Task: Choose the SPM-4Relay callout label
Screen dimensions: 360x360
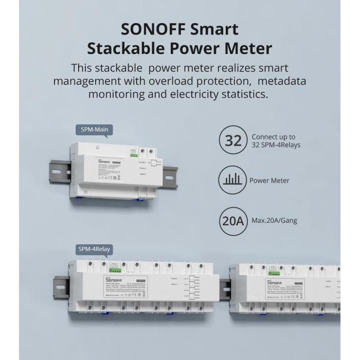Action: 94,249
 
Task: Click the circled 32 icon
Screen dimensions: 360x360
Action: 233,141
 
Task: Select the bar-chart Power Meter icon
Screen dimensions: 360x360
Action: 233,181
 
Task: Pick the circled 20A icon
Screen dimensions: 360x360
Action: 233,221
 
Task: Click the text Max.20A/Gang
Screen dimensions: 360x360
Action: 274,221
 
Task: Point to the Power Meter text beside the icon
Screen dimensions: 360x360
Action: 269,181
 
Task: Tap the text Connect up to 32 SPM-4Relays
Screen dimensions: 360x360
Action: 276,141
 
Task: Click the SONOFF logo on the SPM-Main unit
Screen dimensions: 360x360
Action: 104,161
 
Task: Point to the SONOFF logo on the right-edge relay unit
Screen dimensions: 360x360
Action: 275,282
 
